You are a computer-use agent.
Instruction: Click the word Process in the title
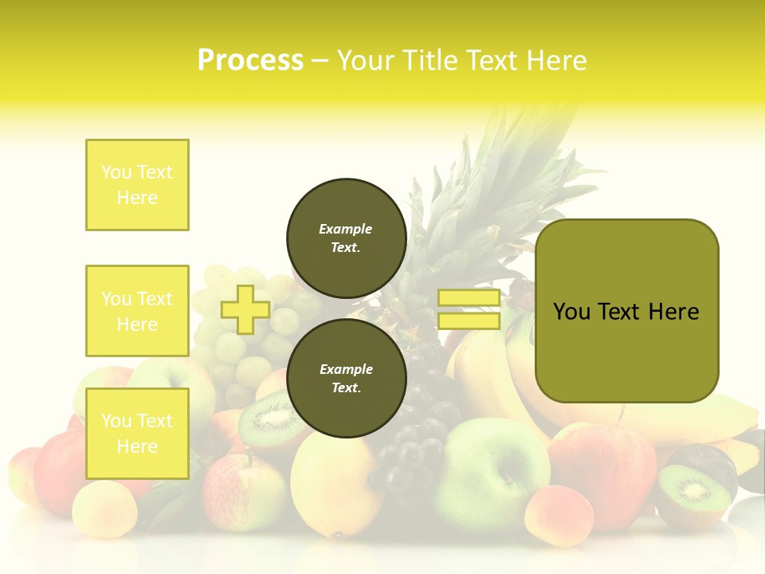coord(250,61)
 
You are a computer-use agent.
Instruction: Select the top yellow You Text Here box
coord(137,185)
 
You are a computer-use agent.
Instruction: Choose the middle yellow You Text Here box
coord(137,311)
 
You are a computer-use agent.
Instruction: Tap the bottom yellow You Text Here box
coord(137,434)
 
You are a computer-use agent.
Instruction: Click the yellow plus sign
coord(245,309)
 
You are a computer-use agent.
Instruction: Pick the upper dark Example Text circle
coord(346,238)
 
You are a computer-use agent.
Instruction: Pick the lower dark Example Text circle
coord(346,378)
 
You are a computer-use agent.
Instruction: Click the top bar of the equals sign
coord(469,298)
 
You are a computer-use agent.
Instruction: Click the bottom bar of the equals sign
coord(469,320)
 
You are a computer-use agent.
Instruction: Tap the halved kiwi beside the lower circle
coord(269,418)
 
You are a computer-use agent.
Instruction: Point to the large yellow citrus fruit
coord(335,482)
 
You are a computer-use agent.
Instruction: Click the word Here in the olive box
coord(674,312)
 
